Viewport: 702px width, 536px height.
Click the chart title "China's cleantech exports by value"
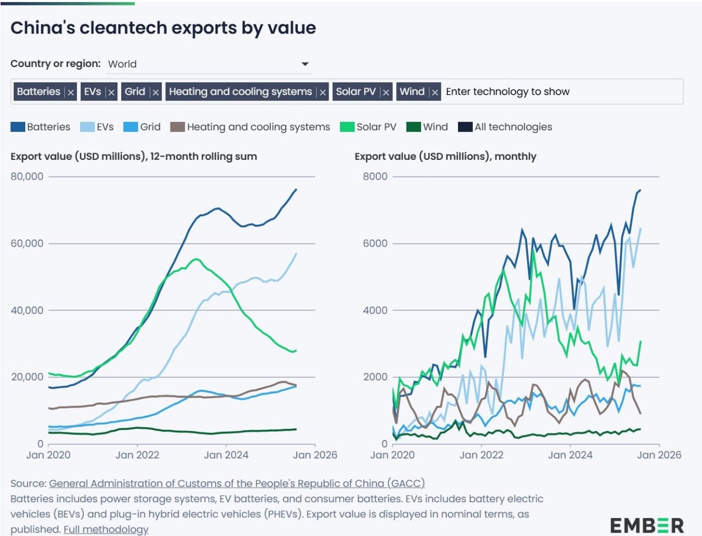pyautogui.click(x=163, y=28)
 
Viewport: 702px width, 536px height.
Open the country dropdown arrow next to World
pyautogui.click(x=305, y=64)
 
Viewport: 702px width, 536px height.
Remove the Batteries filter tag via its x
pyautogui.click(x=71, y=92)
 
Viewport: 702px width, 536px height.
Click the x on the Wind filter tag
pyautogui.click(x=435, y=92)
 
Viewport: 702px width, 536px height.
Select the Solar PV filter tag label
pyautogui.click(x=355, y=91)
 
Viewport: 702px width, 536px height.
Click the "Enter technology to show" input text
pyautogui.click(x=507, y=91)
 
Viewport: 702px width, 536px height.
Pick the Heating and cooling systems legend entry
pyautogui.click(x=258, y=126)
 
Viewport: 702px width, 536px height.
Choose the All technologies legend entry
pyautogui.click(x=512, y=126)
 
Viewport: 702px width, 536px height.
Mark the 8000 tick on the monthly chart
pyautogui.click(x=374, y=177)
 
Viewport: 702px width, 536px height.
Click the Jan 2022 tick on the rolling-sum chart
pyautogui.click(x=137, y=455)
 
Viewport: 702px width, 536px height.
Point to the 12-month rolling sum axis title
pyautogui.click(x=134, y=156)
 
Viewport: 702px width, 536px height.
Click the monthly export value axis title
pyautogui.click(x=445, y=156)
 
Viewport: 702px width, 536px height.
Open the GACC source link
pyautogui.click(x=237, y=483)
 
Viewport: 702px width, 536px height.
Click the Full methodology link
pyautogui.click(x=106, y=529)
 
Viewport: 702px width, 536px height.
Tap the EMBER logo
pyautogui.click(x=646, y=524)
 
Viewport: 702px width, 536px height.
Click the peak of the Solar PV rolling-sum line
pyautogui.click(x=197, y=259)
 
